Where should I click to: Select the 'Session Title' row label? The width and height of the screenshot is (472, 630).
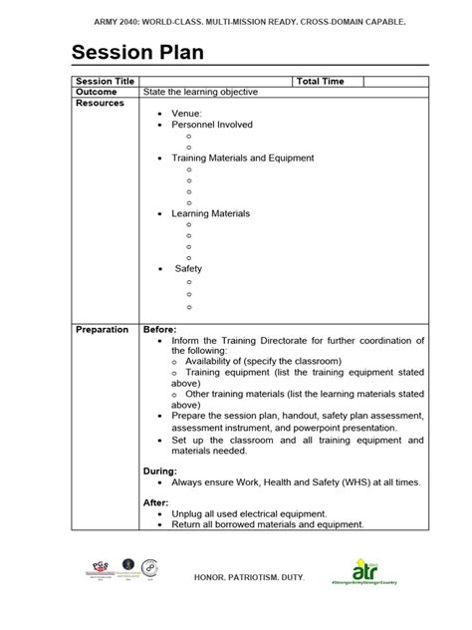click(106, 80)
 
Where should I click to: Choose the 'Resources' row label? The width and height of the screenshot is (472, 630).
click(101, 103)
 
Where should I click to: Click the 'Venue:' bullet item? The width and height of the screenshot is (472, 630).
click(186, 114)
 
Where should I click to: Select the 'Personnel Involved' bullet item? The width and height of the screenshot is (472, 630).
click(212, 125)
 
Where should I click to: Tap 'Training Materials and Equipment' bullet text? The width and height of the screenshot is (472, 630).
click(243, 157)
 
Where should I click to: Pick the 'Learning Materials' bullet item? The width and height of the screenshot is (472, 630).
click(210, 213)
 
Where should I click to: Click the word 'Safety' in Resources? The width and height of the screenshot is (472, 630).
click(189, 269)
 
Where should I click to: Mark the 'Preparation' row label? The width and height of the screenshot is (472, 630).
click(103, 330)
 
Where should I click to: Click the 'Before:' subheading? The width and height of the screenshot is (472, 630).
click(160, 330)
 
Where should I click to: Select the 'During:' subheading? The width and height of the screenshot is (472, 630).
click(160, 471)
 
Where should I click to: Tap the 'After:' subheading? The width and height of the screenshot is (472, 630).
click(156, 503)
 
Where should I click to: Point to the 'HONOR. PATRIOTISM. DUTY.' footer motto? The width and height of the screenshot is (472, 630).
click(236, 578)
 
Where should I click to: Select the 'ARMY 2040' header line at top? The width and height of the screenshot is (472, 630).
click(236, 20)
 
